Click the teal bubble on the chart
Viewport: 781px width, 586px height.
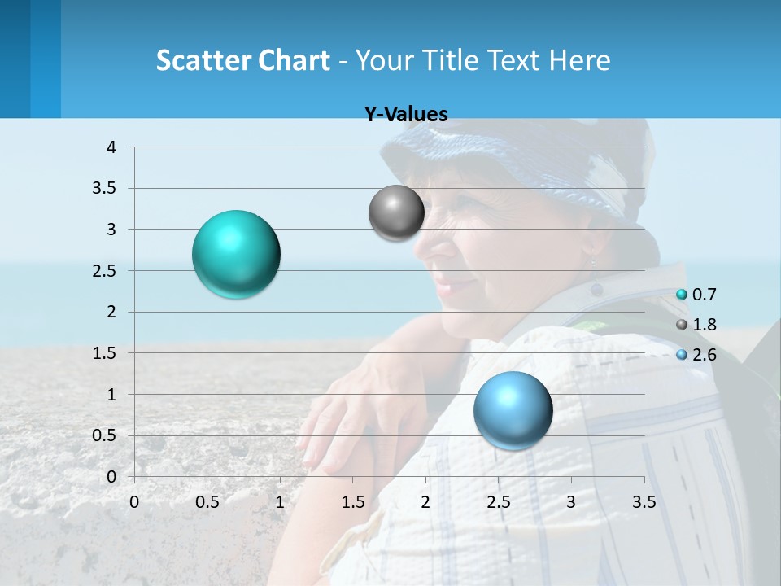point(236,254)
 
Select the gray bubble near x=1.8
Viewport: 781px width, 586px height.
point(396,213)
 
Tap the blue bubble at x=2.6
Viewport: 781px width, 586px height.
point(513,410)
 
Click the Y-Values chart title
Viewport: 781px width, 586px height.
point(406,115)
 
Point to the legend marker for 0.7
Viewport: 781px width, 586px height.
point(682,295)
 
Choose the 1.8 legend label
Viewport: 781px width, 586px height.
point(704,325)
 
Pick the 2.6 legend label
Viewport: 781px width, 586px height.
point(704,355)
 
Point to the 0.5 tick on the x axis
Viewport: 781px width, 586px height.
point(207,503)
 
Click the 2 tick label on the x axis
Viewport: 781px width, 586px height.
point(425,503)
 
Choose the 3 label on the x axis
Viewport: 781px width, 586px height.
point(571,503)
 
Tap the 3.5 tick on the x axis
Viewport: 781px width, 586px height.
point(644,503)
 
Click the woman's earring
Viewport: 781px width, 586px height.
point(591,263)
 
